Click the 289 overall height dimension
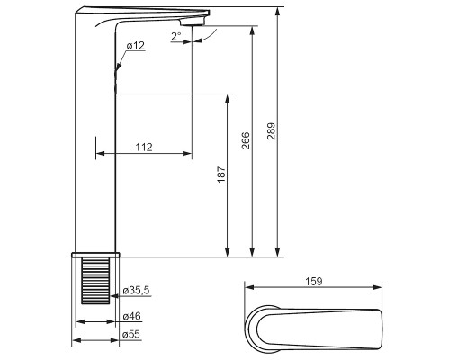point(271,131)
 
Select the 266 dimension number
point(246,140)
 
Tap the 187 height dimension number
point(221,175)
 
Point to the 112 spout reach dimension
point(144,148)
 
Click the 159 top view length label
point(314,282)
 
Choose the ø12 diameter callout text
point(136,46)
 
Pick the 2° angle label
point(176,37)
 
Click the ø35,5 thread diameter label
point(136,291)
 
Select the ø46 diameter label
point(132,316)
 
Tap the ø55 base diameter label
point(131,335)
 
